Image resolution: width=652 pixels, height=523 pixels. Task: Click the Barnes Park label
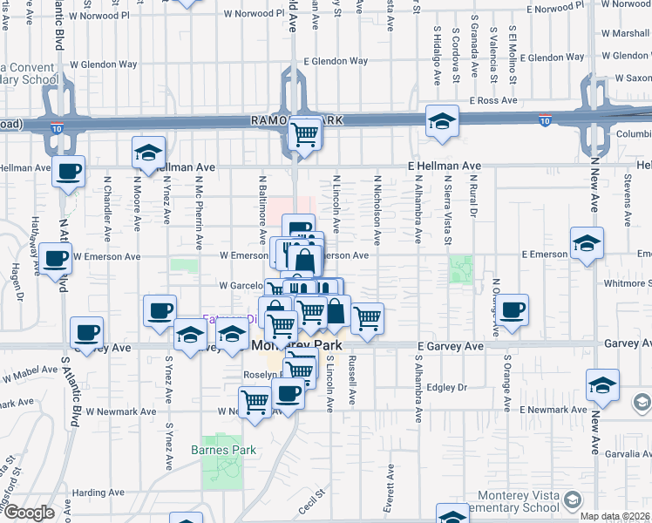click(x=221, y=451)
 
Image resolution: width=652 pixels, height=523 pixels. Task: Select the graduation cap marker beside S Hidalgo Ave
click(x=442, y=122)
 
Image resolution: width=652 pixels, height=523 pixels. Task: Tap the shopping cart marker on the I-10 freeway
click(x=304, y=134)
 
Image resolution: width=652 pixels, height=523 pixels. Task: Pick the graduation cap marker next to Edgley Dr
click(x=602, y=386)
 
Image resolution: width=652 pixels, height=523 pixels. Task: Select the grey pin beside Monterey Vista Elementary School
click(x=572, y=500)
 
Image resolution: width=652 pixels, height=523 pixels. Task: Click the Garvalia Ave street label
click(x=627, y=454)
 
